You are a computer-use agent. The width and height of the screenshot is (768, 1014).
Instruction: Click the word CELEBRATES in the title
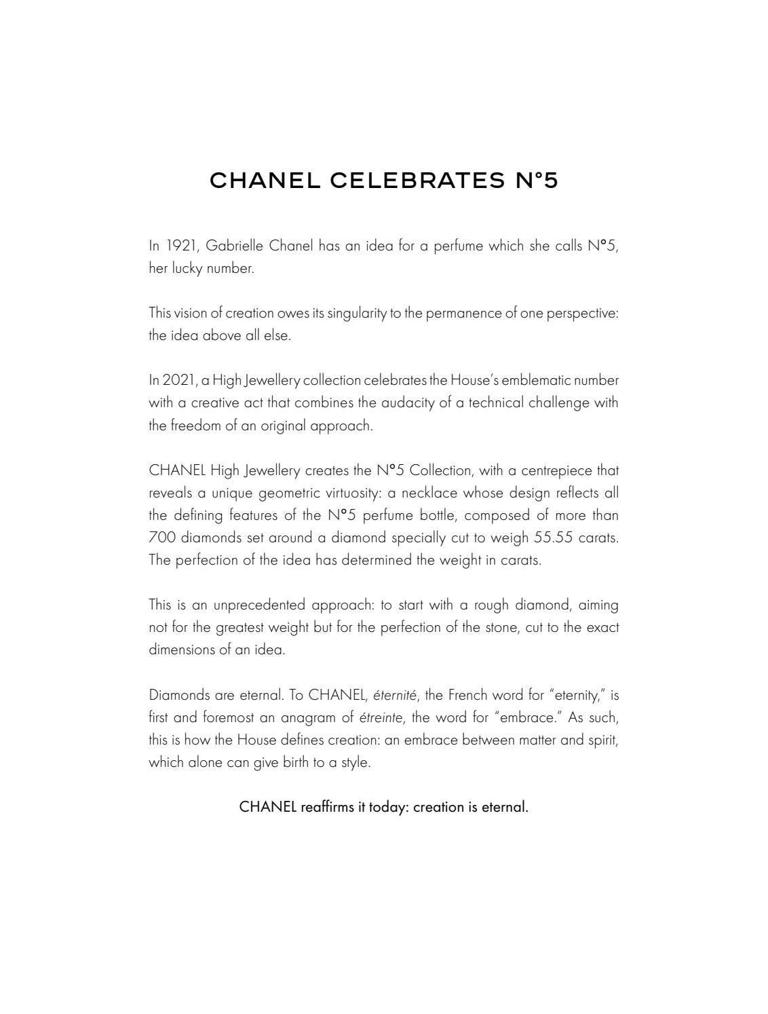pyautogui.click(x=417, y=181)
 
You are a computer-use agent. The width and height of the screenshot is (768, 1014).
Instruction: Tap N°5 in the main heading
pyautogui.click(x=536, y=181)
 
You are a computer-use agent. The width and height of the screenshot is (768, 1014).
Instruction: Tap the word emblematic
pyautogui.click(x=536, y=380)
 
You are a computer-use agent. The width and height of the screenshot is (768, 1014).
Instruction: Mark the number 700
pyautogui.click(x=161, y=538)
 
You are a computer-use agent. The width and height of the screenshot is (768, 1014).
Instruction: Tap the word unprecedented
pyautogui.click(x=261, y=605)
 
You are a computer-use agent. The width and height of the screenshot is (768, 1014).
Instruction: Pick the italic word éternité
pyautogui.click(x=395, y=695)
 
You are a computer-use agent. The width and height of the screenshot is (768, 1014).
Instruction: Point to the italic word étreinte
pyautogui.click(x=381, y=717)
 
